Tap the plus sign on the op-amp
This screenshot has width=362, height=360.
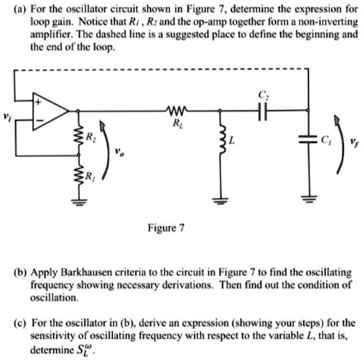(x=42, y=102)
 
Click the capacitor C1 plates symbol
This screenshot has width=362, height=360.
(x=307, y=139)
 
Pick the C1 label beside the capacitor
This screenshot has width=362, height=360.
(x=325, y=140)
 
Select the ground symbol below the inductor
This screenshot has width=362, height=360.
(x=221, y=201)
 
